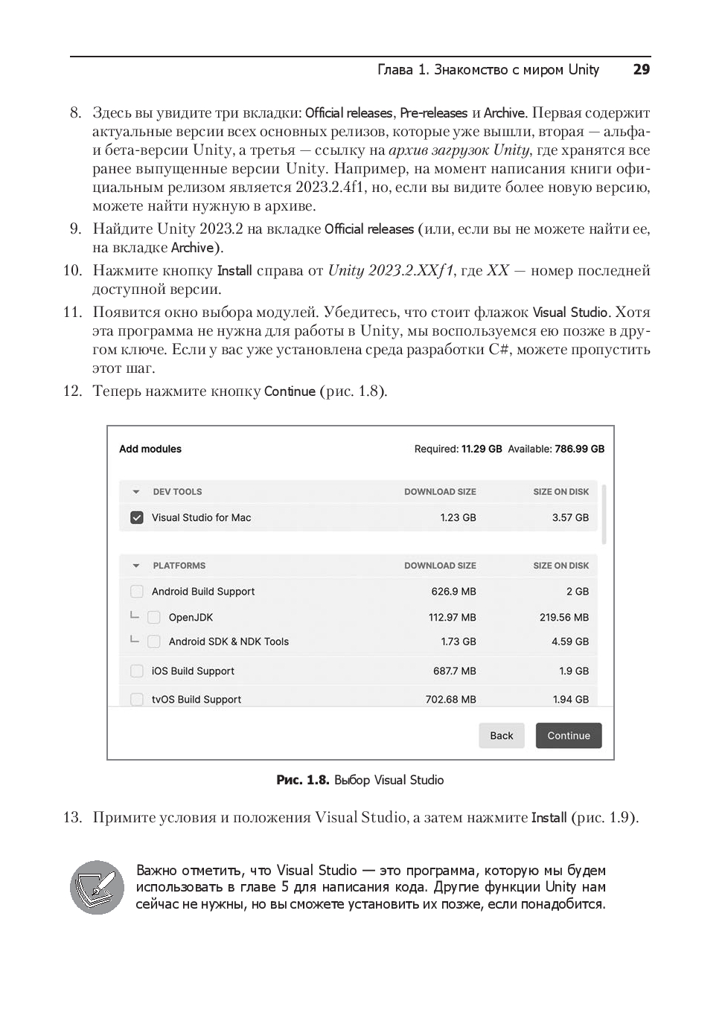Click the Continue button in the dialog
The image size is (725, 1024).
coord(569,735)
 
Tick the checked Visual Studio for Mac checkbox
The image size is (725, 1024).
coord(137,517)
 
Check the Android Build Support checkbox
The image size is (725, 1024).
coord(137,592)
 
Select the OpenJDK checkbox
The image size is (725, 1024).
coord(154,617)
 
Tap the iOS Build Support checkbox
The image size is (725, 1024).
coord(137,671)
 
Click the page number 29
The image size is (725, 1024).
coord(641,70)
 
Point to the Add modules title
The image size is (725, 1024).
coord(150,449)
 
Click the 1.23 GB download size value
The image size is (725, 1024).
coord(458,517)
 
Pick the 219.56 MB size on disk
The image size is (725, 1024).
coord(563,617)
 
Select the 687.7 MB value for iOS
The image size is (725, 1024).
coord(454,671)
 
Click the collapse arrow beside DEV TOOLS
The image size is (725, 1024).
coord(136,492)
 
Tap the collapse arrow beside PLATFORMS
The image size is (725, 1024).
coord(136,566)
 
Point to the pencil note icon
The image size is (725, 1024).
coord(97,887)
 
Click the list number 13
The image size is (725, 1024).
coord(72,817)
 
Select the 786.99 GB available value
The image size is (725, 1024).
coord(579,449)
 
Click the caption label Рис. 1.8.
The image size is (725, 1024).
coord(302,780)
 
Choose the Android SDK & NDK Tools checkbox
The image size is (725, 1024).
coord(154,641)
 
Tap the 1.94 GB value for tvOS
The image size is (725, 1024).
coord(570,700)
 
